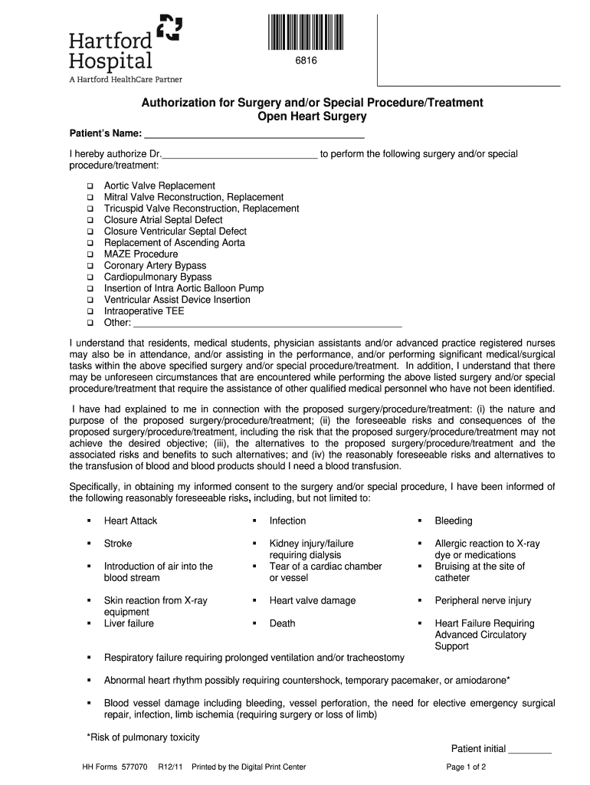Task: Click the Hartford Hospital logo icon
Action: point(169,28)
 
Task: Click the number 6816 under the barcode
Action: point(306,61)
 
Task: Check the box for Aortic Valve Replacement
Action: point(90,186)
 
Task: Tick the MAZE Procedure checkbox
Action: point(90,255)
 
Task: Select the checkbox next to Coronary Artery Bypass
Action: point(90,266)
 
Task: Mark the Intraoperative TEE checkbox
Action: point(90,312)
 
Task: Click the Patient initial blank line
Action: point(529,750)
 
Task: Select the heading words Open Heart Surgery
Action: point(312,117)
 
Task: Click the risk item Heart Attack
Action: point(130,521)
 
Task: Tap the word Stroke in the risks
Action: point(118,544)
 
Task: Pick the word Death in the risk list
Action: point(282,624)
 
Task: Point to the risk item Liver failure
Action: point(129,624)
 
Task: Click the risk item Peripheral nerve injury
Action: point(483,601)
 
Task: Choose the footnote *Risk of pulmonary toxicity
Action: point(143,737)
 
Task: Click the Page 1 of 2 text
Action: point(466,767)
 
